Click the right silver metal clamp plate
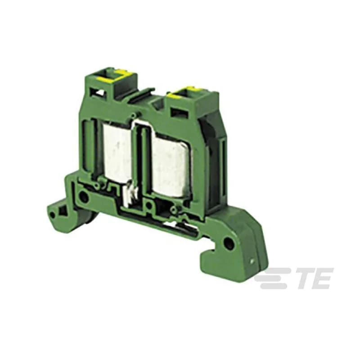click(x=171, y=166)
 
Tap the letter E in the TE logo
click(x=324, y=278)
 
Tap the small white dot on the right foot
click(x=252, y=261)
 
